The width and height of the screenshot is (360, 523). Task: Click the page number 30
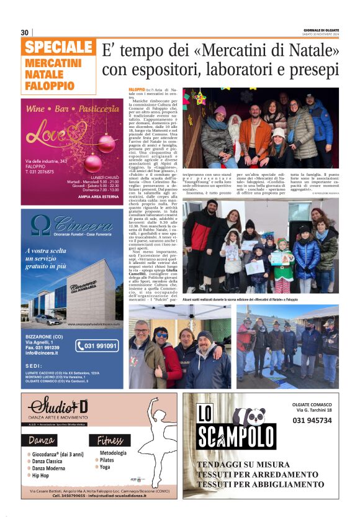coord(24,32)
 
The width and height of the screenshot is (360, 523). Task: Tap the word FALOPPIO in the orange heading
coord(50,85)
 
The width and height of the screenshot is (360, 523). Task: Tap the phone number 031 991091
coord(97,346)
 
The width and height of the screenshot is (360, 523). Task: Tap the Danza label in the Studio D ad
coord(43,441)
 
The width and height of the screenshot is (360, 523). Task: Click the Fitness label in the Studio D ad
coord(109,441)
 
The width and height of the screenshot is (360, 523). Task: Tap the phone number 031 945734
coord(312,420)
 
